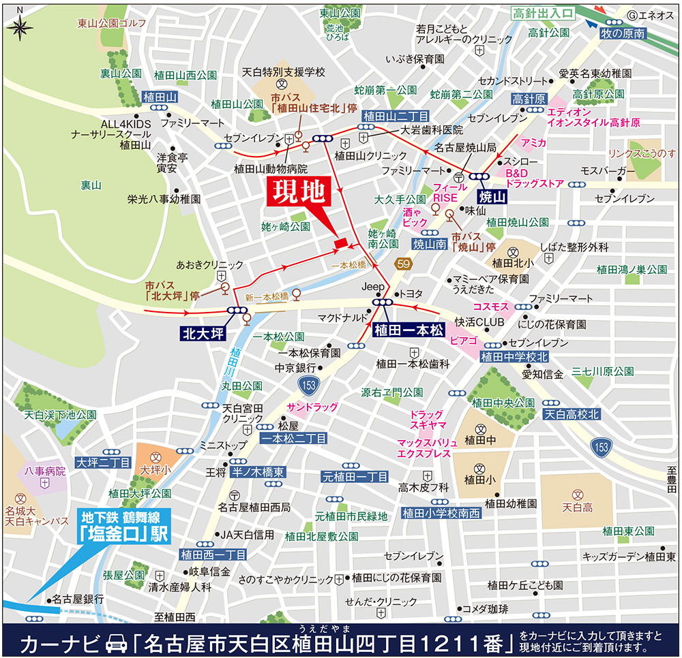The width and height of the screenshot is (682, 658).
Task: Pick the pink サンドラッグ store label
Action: coord(312,407)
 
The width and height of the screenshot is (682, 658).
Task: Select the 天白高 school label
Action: coord(578,507)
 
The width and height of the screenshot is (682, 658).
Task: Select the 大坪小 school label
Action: coord(154,469)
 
